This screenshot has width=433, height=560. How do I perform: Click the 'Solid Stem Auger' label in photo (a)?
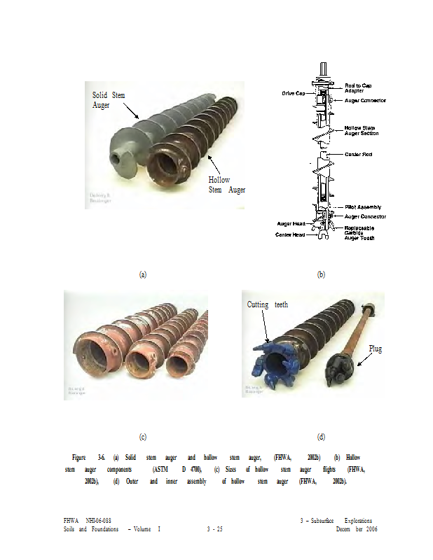(109, 99)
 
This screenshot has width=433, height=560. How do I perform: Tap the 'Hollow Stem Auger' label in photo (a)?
(227, 185)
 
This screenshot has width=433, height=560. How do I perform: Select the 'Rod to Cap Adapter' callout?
(358, 87)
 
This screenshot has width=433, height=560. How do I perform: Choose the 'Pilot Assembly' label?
(363, 207)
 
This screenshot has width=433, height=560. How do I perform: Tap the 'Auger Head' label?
(291, 224)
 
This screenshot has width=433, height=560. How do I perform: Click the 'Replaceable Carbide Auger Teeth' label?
(359, 233)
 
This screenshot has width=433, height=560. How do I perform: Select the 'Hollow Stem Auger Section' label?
(362, 130)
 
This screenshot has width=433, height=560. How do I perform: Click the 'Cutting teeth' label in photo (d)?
(268, 305)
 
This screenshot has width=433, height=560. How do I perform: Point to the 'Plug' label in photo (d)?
(376, 348)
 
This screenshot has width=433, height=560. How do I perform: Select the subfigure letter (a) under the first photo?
(143, 274)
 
